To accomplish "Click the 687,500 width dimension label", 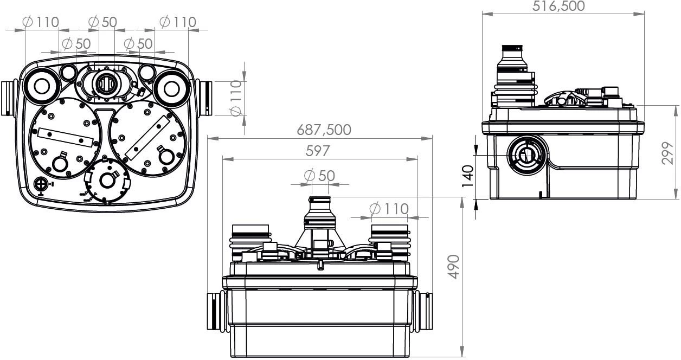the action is click(324, 130).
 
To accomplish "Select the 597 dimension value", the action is click(317, 151).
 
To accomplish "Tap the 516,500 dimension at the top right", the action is click(558, 6).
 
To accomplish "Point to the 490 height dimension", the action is click(454, 267).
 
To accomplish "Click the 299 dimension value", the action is click(667, 153).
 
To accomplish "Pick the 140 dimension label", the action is click(467, 176).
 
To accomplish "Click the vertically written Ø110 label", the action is click(236, 98).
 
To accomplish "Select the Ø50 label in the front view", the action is click(319, 176).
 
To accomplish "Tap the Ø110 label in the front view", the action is click(389, 209).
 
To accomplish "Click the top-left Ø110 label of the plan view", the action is click(41, 22).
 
